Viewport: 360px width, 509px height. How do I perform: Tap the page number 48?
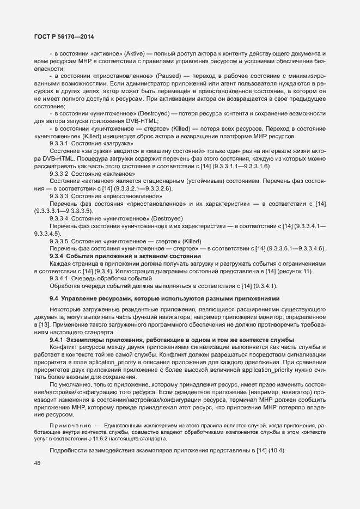pos(38,463)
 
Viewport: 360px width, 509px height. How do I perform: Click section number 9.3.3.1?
pos(59,143)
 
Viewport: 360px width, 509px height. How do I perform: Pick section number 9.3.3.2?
pos(59,173)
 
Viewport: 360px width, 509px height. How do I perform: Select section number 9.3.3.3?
pos(59,196)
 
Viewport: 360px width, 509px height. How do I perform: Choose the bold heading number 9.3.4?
pos(57,256)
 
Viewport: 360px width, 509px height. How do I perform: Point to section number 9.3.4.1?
pos(59,279)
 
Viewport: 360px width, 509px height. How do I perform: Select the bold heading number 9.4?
pos(53,299)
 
